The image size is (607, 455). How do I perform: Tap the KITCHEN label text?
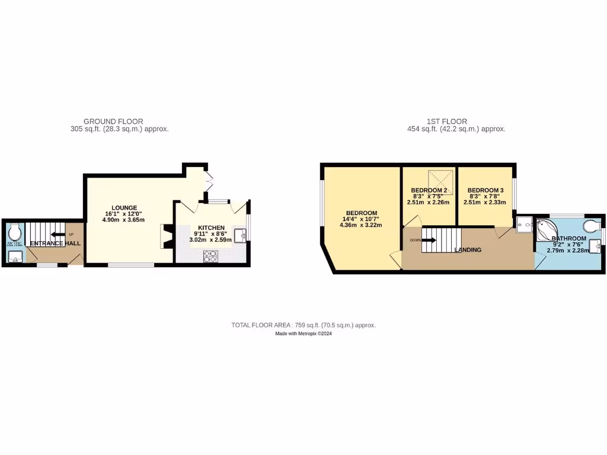tap(211, 227)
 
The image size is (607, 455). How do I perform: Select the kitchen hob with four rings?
tap(211, 255)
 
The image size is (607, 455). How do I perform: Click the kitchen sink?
tap(241, 235)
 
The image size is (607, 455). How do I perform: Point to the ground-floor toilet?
tap(15, 230)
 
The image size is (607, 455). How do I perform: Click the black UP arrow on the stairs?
tap(58, 234)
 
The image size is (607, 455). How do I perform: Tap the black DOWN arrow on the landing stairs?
tap(430, 240)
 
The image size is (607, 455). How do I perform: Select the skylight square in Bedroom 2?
tap(440, 180)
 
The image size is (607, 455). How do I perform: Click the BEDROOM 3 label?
tap(485, 190)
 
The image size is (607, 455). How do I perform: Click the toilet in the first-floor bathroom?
tap(590, 227)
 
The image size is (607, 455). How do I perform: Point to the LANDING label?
tap(468, 250)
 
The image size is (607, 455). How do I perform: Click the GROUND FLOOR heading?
tap(113, 121)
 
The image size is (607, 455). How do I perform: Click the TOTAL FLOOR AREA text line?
tap(303, 325)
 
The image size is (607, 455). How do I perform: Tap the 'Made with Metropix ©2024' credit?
tap(303, 334)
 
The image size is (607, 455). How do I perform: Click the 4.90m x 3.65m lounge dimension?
tap(123, 220)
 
